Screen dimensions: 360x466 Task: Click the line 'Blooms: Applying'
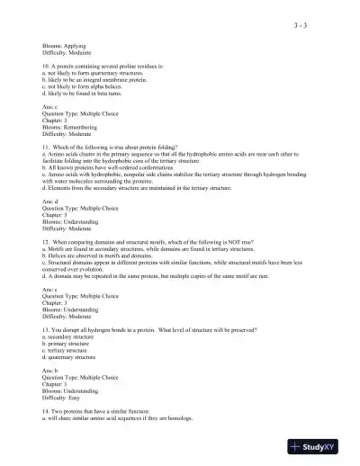coord(63,43)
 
